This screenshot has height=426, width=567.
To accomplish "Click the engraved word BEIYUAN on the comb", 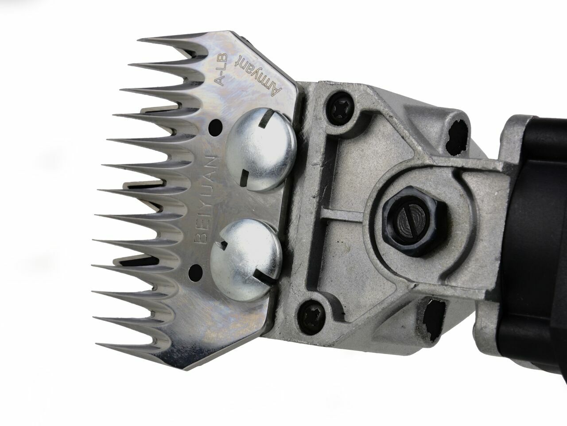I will click(207, 198).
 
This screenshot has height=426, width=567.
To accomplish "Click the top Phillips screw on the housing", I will click(338, 106).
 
